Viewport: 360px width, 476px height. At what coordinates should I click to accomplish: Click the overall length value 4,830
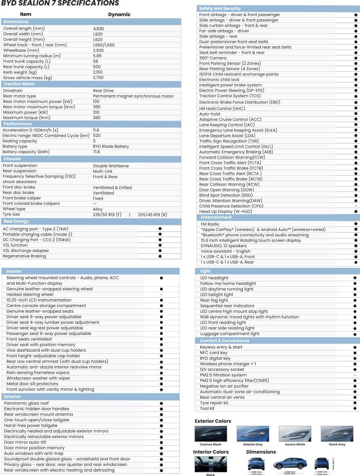98,29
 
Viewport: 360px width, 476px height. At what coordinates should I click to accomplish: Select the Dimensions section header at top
16,22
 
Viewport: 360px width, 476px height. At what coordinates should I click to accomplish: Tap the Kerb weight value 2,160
98,72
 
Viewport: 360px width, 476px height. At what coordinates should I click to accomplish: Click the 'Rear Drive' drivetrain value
103,91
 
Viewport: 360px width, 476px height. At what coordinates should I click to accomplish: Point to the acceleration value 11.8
96,130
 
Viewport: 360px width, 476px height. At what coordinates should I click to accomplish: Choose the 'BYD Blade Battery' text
111,147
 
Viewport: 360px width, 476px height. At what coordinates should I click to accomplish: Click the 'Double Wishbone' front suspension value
111,166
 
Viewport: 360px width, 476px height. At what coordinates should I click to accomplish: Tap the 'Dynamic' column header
119,14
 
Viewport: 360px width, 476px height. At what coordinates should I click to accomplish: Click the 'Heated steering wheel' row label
30,294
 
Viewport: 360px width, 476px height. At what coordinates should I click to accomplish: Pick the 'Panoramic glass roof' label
26,403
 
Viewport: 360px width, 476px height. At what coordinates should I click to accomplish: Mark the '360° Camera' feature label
213,58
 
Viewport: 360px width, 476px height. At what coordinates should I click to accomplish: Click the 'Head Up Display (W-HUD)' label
226,212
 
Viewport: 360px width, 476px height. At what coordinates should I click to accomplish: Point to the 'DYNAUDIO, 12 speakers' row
224,246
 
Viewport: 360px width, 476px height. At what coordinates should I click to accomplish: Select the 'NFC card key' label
214,353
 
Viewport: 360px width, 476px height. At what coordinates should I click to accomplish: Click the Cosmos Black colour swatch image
210,434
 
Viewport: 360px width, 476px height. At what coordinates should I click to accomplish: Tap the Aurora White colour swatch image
294,434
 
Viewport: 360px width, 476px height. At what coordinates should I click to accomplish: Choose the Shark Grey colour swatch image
336,434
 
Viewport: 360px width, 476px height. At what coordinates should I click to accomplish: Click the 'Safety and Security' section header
220,8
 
